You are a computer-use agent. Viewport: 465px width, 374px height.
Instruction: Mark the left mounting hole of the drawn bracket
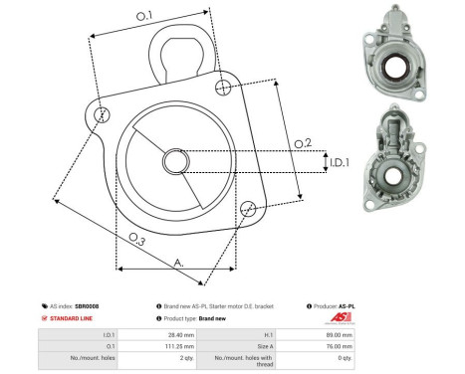pos(97,115)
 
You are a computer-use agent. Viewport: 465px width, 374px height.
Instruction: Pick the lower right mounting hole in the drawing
pos(248,208)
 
